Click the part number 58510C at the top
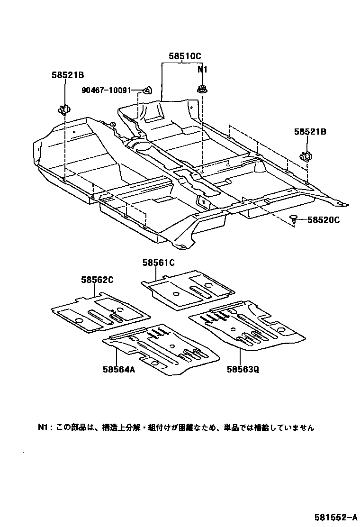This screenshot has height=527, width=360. [x=185, y=56]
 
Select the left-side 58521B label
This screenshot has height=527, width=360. [x=68, y=74]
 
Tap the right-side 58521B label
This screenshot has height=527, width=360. [x=310, y=132]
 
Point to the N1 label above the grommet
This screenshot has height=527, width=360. [x=203, y=69]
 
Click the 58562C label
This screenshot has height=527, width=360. [x=97, y=280]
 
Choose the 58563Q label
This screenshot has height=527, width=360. [x=243, y=370]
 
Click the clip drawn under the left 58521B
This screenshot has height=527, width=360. [x=63, y=110]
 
